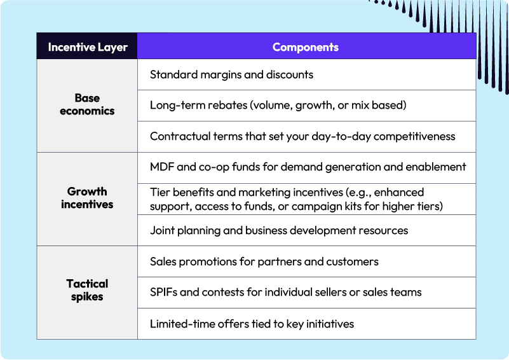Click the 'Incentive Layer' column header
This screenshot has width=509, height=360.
(87, 47)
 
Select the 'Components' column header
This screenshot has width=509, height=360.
(306, 47)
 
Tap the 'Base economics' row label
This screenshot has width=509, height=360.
(87, 104)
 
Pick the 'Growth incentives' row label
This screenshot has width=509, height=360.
(87, 198)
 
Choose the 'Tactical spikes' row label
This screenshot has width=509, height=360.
(87, 290)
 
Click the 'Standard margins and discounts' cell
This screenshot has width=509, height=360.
(231, 74)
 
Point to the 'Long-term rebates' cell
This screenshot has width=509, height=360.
(278, 105)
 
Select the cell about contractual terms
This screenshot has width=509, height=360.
(302, 136)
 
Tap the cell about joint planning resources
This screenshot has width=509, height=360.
(279, 230)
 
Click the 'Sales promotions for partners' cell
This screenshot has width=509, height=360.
(264, 261)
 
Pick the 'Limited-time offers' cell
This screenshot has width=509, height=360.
(252, 324)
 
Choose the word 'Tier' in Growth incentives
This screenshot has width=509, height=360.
(159, 192)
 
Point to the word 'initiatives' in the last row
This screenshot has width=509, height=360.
(327, 324)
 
